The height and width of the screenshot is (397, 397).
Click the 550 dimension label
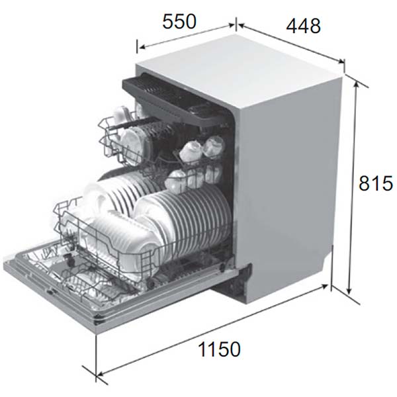coord(179,22)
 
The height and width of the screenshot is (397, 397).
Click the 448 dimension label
coord(303,26)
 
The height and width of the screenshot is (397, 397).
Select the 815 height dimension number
coord(376,183)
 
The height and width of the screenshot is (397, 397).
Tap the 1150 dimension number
coord(219,349)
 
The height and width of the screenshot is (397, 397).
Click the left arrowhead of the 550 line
coord(142,46)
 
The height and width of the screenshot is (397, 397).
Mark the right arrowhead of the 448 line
coord(341,61)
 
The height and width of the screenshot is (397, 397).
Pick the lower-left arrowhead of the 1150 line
coord(101,373)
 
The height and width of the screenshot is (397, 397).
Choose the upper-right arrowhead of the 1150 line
coord(325,287)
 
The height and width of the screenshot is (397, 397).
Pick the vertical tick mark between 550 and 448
coord(236,24)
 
